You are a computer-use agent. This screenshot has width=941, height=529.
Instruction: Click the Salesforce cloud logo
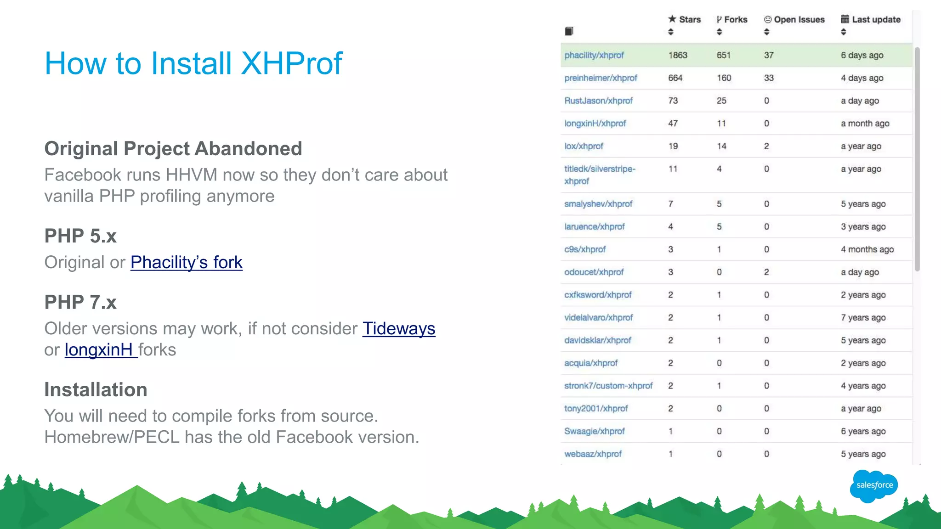[874, 485]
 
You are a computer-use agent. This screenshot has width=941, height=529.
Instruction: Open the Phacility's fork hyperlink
[186, 262]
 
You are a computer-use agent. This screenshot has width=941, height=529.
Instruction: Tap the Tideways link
[398, 328]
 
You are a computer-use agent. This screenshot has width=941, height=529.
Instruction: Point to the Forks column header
[732, 20]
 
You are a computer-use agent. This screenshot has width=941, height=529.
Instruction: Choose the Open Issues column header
[794, 20]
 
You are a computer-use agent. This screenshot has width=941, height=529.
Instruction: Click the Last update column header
[871, 20]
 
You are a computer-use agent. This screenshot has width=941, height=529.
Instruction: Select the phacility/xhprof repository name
[594, 55]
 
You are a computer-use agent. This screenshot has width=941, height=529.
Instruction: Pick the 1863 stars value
[678, 55]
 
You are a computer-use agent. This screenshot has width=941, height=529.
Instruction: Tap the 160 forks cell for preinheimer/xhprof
[724, 78]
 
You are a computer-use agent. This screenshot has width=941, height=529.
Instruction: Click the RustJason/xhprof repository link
[598, 101]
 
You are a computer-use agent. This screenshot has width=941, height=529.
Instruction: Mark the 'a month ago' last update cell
[865, 124]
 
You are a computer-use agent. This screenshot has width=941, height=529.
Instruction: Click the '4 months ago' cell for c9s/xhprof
[867, 249]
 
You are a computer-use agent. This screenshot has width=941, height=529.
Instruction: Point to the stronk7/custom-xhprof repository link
[608, 386]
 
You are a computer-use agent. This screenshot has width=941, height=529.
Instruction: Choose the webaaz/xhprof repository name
[593, 454]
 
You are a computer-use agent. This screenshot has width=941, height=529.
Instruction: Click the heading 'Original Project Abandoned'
[173, 149]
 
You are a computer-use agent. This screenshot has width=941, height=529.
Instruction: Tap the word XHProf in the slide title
[292, 63]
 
